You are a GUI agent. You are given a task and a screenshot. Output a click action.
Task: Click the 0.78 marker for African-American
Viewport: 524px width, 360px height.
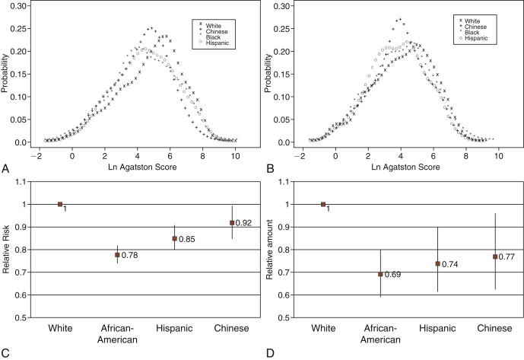[117, 255]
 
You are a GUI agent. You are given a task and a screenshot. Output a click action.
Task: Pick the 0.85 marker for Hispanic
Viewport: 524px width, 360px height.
[175, 239]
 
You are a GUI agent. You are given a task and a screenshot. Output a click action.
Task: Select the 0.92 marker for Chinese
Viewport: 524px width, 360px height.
[233, 222]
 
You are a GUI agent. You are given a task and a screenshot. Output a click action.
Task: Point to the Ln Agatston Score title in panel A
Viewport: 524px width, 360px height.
[138, 167]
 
